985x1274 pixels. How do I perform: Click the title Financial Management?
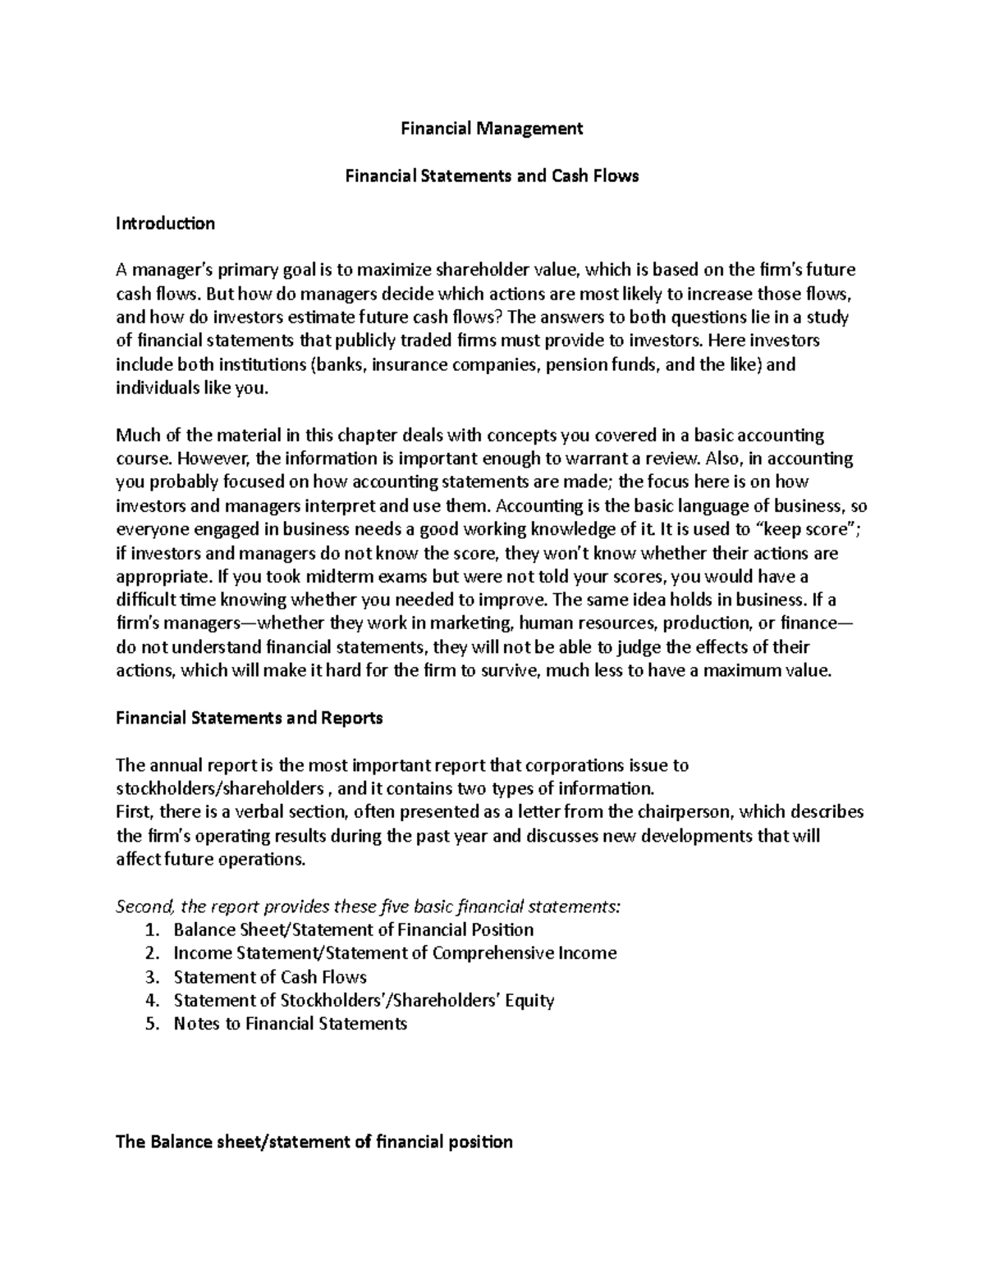[491, 128]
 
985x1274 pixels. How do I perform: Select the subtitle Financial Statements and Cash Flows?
[491, 176]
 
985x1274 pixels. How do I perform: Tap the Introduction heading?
[165, 223]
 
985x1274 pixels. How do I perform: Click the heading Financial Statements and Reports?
[250, 718]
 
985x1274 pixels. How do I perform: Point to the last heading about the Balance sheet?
[314, 1141]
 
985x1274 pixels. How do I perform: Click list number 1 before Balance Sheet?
[149, 930]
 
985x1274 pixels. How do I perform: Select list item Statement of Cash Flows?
[270, 977]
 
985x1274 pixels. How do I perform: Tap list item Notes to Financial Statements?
[291, 1024]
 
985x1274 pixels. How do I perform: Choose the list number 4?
[149, 1001]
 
